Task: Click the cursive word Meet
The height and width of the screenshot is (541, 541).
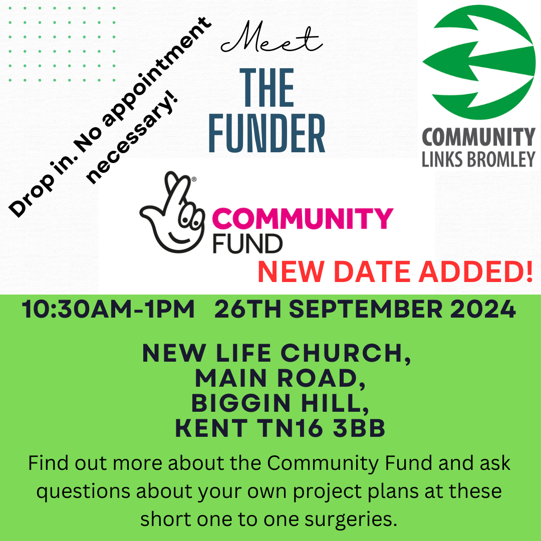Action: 272,37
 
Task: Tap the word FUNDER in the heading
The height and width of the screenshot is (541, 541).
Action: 266,134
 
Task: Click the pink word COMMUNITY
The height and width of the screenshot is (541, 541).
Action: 303,218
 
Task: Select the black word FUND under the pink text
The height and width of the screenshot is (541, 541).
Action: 247,243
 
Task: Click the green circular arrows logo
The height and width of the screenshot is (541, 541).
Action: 479,62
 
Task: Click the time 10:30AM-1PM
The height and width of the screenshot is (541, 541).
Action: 108,309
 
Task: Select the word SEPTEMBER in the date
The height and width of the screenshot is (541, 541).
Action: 365,309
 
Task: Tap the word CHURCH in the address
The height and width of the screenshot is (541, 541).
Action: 345,353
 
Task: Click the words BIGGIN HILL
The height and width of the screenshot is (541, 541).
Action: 280,403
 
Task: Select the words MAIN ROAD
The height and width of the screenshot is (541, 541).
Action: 280,379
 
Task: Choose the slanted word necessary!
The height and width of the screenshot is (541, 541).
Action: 132,137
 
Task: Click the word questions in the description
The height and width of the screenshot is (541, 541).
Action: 83,491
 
